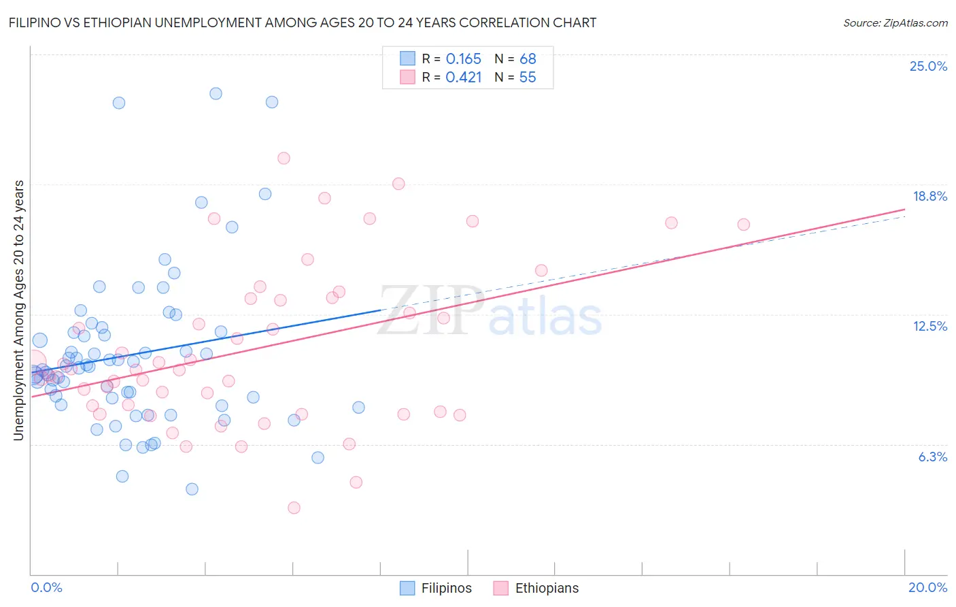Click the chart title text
tap(302, 22)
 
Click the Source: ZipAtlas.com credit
tap(895, 22)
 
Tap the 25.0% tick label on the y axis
tap(928, 66)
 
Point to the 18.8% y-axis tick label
tap(929, 196)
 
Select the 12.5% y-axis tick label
tap(929, 326)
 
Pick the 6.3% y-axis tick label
tap(932, 457)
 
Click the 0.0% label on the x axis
tap(46, 587)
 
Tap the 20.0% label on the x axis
tap(927, 587)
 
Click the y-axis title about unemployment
tap(19, 310)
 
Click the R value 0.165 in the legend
tap(463, 59)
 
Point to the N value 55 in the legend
tap(528, 77)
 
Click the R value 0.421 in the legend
tap(463, 77)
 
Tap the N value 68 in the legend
tap(528, 59)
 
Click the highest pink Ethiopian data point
tap(284, 158)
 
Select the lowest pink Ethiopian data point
tap(294, 508)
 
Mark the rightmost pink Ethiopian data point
tap(743, 225)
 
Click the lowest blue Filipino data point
tap(192, 489)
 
